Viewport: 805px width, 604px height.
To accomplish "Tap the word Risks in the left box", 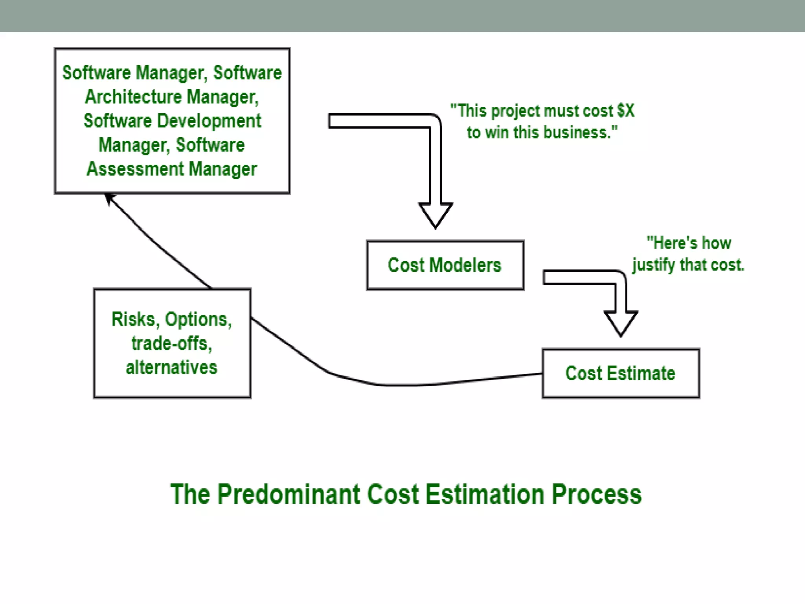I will [x=134, y=319].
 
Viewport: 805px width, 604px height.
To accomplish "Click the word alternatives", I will [x=171, y=368].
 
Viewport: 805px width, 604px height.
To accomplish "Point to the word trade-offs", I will [x=171, y=344].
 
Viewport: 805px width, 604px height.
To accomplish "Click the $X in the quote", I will [x=626, y=111].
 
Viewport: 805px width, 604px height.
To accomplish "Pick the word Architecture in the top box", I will [x=134, y=97].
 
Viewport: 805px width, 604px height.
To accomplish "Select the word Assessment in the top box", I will [x=135, y=169].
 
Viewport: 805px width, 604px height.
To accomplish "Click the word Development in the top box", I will [x=209, y=121].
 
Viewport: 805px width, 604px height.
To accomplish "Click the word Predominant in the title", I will [x=288, y=494].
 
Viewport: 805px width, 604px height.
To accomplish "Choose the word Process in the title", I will [x=596, y=494].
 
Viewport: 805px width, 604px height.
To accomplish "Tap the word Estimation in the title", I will [x=485, y=494].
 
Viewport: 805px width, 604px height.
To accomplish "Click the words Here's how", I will [x=689, y=243].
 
